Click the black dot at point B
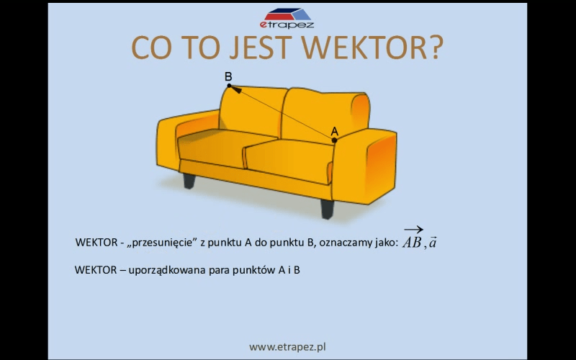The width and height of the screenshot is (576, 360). tap(229, 86)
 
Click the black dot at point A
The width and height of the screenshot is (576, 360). tap(334, 140)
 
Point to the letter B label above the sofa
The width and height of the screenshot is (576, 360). tap(228, 76)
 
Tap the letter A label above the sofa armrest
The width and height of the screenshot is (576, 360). tap(334, 131)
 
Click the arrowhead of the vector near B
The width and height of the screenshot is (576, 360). tap(236, 89)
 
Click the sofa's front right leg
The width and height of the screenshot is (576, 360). tap(328, 209)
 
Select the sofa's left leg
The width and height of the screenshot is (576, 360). tap(189, 181)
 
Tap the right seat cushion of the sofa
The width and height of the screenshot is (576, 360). tap(289, 161)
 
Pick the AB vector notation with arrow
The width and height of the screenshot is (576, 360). tap(413, 238)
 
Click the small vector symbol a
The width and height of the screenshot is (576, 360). tap(433, 243)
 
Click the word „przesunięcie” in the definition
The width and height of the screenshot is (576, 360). tap(161, 243)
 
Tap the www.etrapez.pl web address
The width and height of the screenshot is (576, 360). tap(287, 347)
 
